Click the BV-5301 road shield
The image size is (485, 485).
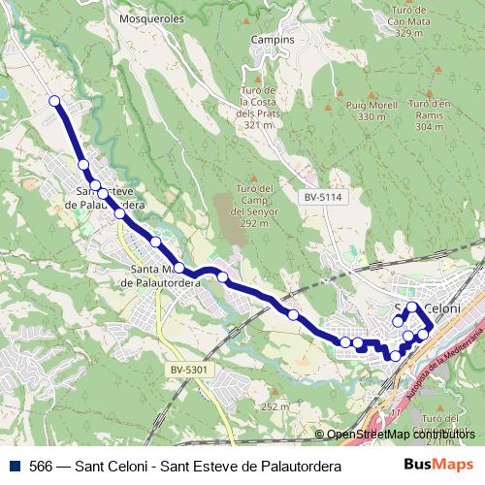[x=189, y=370]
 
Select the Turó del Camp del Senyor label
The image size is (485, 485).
[x=254, y=206]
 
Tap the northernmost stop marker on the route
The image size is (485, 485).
[x=54, y=101]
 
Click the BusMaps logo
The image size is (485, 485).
[x=438, y=466]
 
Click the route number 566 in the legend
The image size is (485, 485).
[x=42, y=467]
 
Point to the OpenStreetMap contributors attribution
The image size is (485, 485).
[x=401, y=435]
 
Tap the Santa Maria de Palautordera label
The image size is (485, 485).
[x=159, y=276]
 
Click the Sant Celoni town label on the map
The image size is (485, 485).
[x=427, y=307]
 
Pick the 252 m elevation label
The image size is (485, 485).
[x=275, y=406]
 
